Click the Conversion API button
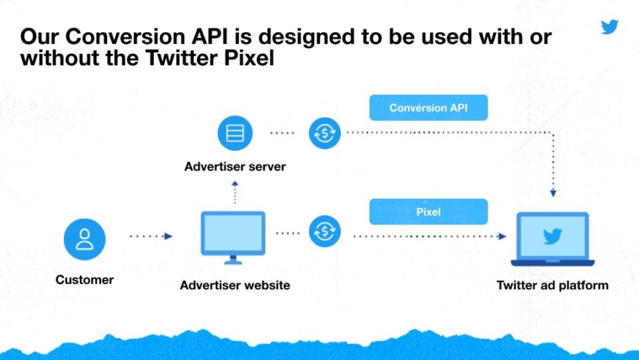tap(428, 107)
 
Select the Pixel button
tap(428, 212)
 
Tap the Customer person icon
tap(84, 239)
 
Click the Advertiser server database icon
tap(235, 133)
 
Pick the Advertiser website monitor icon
tap(233, 237)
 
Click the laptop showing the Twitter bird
tap(552, 239)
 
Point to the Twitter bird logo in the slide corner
tap(609, 27)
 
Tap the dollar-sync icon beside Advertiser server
tap(324, 133)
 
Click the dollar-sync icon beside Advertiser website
tap(324, 231)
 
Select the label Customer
tap(84, 279)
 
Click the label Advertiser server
tap(235, 167)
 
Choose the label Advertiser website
tap(235, 285)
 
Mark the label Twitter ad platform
tap(552, 285)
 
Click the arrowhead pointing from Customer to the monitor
tap(168, 236)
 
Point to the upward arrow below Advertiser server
tap(235, 193)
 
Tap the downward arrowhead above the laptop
tap(553, 193)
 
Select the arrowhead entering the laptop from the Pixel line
tap(502, 237)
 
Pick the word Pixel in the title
tap(249, 58)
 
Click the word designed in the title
tap(307, 37)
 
